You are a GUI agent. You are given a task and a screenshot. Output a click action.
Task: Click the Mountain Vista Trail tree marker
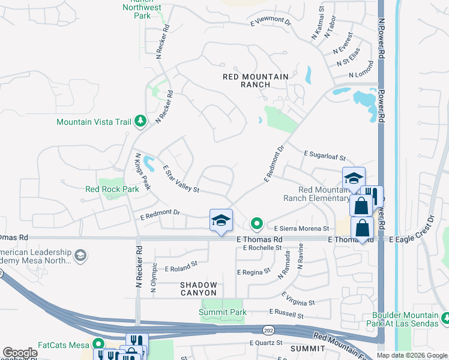click(140, 122)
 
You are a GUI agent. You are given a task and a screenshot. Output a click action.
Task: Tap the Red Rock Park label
click(112, 188)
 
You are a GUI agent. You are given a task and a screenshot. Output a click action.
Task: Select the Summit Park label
click(223, 313)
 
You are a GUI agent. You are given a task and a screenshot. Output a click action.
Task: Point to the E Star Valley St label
click(180, 179)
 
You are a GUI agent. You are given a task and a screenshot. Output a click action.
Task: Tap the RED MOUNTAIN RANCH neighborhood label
click(255, 80)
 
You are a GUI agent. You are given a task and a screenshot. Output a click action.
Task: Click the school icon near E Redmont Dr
click(221, 221)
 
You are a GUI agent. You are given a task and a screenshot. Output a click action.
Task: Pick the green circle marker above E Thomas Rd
click(257, 224)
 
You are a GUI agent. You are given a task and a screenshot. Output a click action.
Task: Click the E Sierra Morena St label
click(301, 229)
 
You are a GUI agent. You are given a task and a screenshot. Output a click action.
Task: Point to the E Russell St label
click(286, 313)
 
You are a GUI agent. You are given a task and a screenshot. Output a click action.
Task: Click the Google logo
click(20, 353)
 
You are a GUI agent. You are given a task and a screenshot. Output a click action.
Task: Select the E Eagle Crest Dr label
click(414, 239)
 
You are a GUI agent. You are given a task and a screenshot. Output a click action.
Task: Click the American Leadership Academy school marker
click(80, 256)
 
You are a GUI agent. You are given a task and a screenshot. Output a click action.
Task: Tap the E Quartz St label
click(266, 343)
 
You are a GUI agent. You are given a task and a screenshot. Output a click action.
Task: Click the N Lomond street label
click(362, 76)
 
